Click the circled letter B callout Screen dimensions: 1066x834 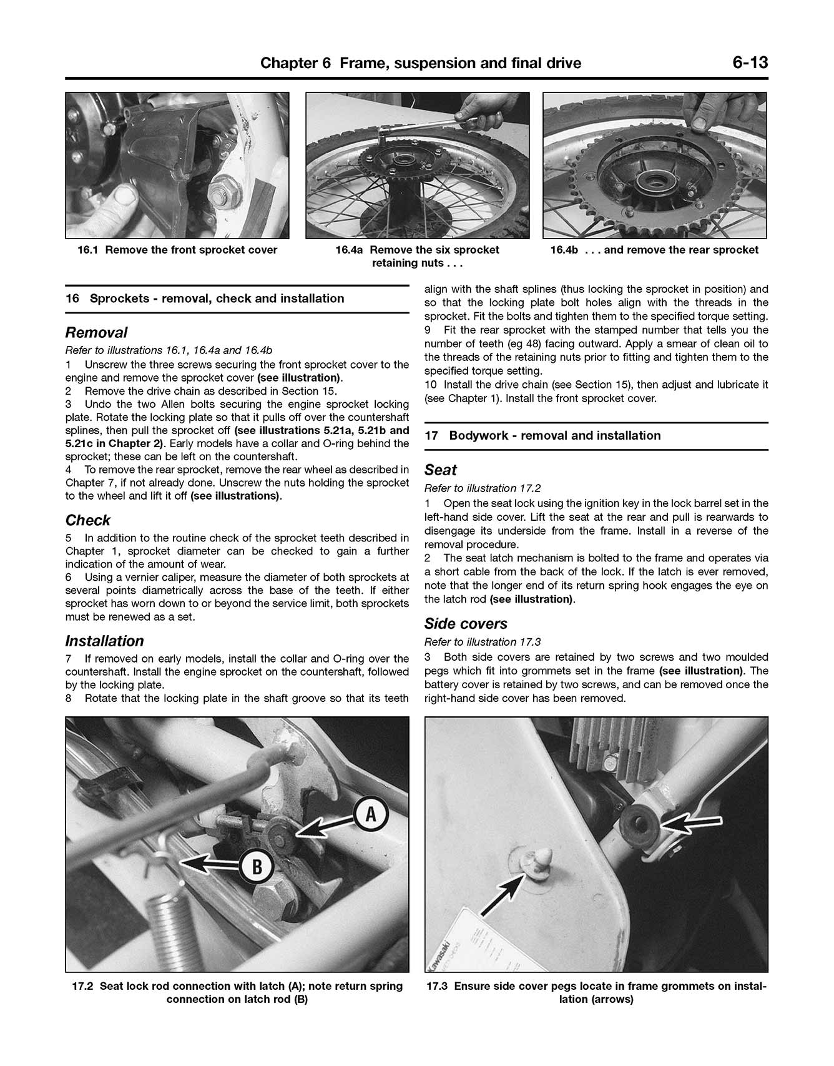[x=257, y=867]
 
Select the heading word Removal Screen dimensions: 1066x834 [x=96, y=332]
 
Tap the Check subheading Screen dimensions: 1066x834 [x=87, y=520]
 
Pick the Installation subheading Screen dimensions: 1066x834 [x=104, y=641]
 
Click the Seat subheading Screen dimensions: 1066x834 [x=440, y=470]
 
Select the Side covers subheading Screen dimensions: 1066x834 [x=465, y=623]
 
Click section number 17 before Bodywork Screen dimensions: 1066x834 [x=431, y=436]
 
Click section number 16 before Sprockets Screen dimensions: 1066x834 [x=72, y=299]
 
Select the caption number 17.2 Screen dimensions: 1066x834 [x=82, y=987]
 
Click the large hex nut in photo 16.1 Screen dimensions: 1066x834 [x=223, y=188]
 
